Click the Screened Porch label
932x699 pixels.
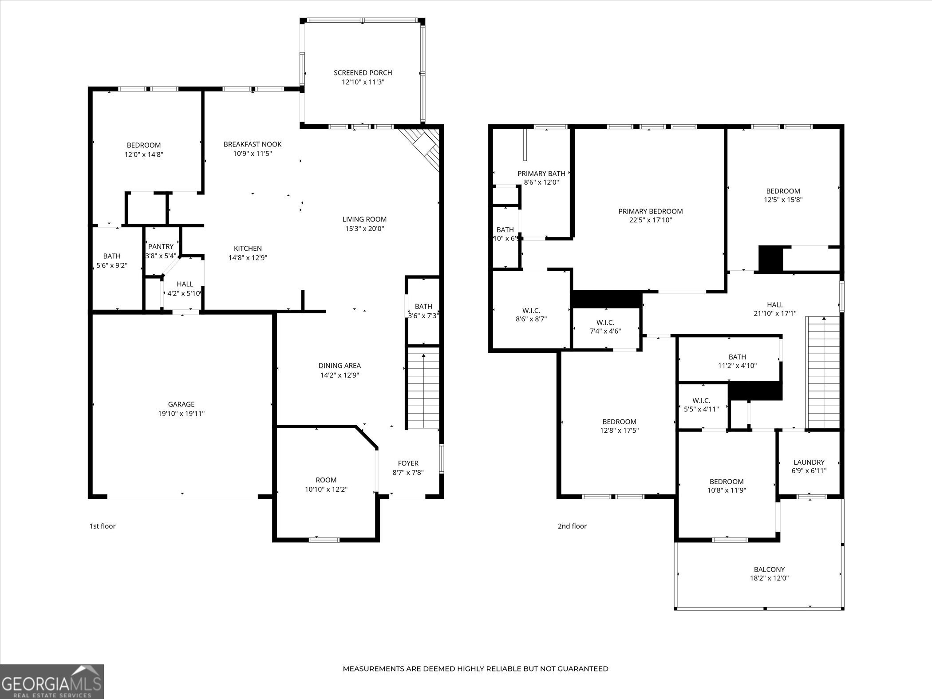363,73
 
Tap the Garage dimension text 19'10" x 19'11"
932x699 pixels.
181,414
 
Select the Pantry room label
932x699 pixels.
161,247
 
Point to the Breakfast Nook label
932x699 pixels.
252,144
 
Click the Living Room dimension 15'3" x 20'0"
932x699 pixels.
364,229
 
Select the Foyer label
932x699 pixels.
408,463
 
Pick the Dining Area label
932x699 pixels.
340,366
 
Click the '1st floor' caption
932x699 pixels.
103,526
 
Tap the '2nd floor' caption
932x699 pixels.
572,526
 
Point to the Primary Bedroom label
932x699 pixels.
650,212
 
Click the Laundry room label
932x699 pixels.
809,462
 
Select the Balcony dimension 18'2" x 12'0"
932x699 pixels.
769,579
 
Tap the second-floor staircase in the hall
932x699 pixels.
824,373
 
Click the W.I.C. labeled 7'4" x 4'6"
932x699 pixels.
605,327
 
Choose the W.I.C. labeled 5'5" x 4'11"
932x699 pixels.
701,405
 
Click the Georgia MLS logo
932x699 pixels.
52,681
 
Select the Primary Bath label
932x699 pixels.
541,174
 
